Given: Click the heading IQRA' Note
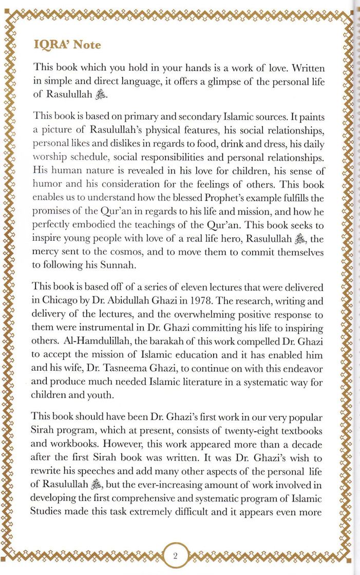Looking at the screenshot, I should (67, 45).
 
